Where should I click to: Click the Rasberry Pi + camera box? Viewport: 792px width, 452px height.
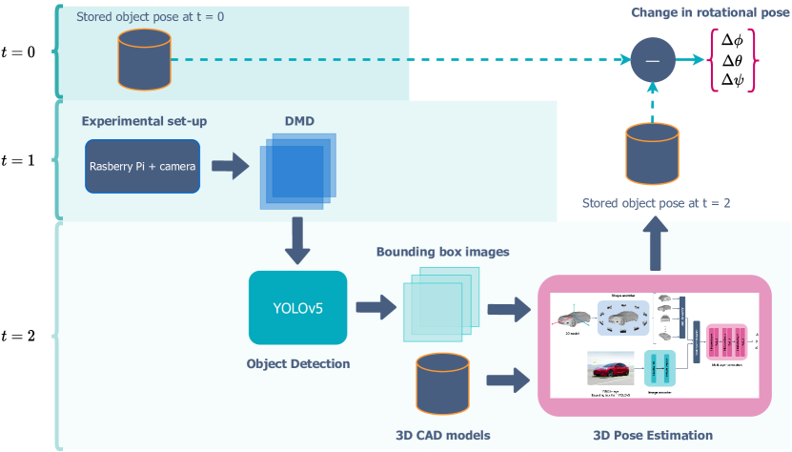pyautogui.click(x=143, y=166)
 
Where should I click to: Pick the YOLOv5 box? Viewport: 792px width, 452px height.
pyautogui.click(x=298, y=307)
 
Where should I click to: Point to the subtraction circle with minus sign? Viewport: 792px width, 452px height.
pyautogui.click(x=652, y=59)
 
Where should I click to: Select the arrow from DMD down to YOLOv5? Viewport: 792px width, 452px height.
pyautogui.click(x=296, y=241)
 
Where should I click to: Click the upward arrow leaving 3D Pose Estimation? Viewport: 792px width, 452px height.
pyautogui.click(x=652, y=246)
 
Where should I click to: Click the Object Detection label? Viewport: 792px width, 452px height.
pyautogui.click(x=298, y=363)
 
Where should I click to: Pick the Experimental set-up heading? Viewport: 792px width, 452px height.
pyautogui.click(x=144, y=121)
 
